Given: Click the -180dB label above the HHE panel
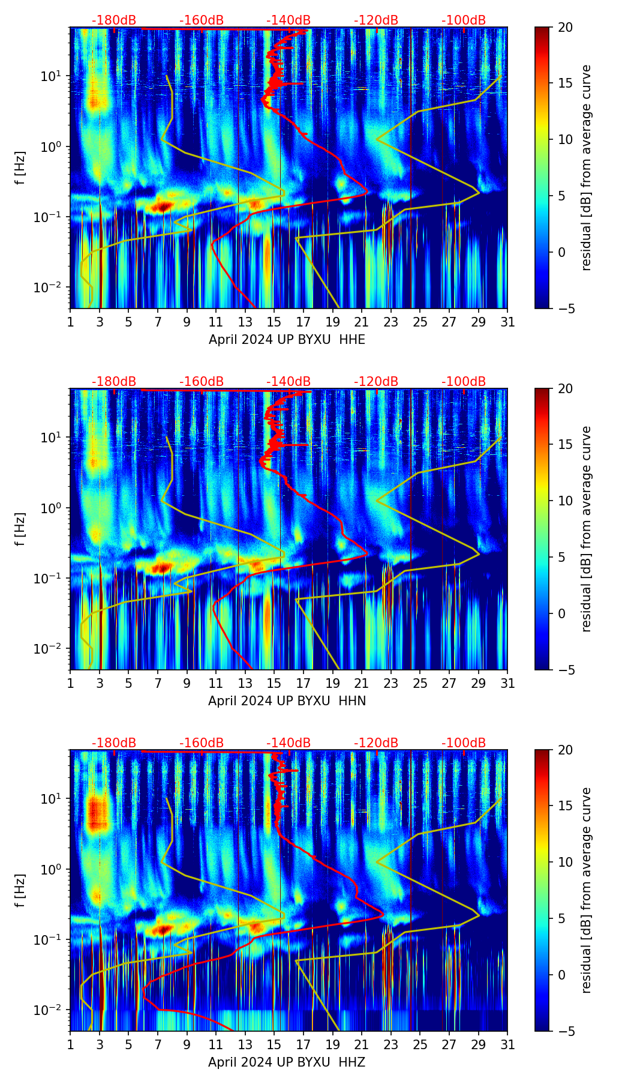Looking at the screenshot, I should pyautogui.click(x=114, y=20).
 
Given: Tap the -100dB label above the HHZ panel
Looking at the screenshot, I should pyautogui.click(x=464, y=743).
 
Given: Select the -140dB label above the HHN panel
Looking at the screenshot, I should pyautogui.click(x=289, y=382).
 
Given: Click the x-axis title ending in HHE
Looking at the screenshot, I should pyautogui.click(x=287, y=340).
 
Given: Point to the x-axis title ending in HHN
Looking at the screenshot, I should pyautogui.click(x=287, y=701).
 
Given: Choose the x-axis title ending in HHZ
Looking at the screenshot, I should pyautogui.click(x=287, y=1062).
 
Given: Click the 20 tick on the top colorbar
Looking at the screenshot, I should pyautogui.click(x=565, y=28).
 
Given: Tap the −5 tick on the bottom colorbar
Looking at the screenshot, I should pyautogui.click(x=565, y=1031).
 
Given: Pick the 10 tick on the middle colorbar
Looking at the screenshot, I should pyautogui.click(x=565, y=501).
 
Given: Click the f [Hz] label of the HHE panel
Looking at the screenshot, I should pyautogui.click(x=20, y=168).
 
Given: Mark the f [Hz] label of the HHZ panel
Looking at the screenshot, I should pyautogui.click(x=20, y=891).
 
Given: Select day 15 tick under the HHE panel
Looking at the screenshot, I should pyautogui.click(x=274, y=322).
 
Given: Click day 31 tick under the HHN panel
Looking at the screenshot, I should pyautogui.click(x=507, y=683).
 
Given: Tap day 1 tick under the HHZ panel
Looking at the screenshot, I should pyautogui.click(x=71, y=1044).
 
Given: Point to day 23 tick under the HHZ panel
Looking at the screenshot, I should pyautogui.click(x=391, y=1044).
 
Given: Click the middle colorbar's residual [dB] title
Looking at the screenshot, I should pyautogui.click(x=587, y=529).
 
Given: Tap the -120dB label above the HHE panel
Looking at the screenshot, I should pyautogui.click(x=376, y=20).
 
